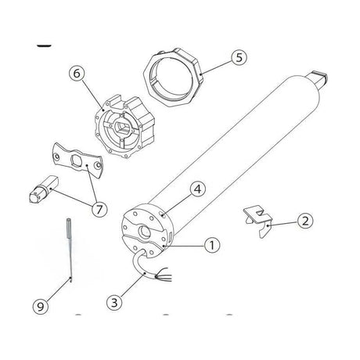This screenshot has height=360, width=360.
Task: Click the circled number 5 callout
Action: (239, 57)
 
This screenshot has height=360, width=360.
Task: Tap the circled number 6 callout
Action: (77, 74)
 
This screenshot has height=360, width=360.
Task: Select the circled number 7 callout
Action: (99, 209)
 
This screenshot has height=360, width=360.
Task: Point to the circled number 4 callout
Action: (198, 189)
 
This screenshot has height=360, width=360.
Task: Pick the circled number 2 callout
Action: (305, 221)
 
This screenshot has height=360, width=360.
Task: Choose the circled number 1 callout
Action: (212, 245)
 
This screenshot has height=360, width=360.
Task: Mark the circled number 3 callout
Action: (114, 303)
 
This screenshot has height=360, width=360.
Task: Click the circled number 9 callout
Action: (41, 307)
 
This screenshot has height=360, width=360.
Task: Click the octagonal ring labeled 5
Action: (173, 78)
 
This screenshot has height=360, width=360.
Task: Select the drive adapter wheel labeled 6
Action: (124, 127)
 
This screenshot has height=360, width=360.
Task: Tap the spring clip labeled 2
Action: (258, 221)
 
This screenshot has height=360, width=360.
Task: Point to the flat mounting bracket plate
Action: (77, 160)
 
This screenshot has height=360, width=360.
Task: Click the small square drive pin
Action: (43, 189)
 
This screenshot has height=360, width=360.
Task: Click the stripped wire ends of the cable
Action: (164, 275)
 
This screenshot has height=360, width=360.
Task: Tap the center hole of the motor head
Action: (144, 232)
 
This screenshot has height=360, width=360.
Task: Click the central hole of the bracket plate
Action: (77, 158)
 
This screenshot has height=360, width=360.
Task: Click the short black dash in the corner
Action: (44, 46)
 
